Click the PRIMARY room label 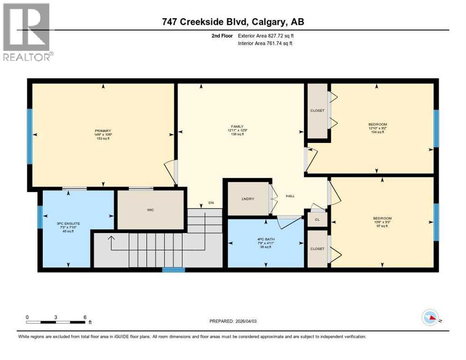102,131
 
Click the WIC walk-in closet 150,210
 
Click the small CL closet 317,219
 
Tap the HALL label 290,196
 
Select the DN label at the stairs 211,203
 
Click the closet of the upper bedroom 317,111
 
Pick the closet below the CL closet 317,248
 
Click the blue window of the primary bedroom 30,136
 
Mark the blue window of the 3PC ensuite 40,217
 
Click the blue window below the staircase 173,270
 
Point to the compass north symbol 430,318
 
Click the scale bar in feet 56,322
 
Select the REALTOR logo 26,32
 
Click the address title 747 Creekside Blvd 233,22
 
